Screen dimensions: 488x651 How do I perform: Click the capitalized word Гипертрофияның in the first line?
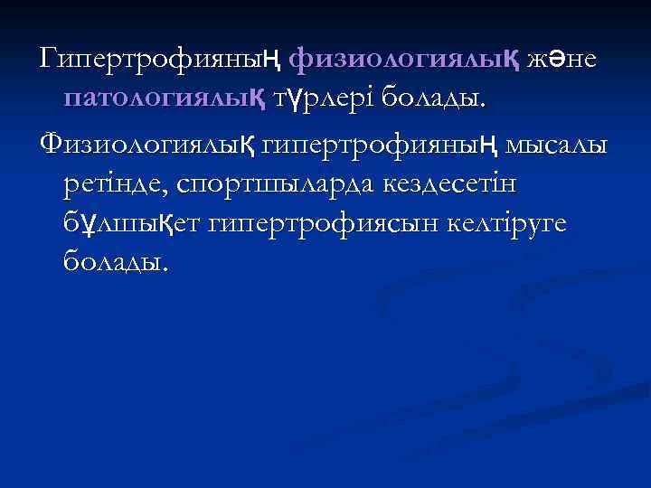(159, 61)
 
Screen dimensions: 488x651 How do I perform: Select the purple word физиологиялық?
(403, 61)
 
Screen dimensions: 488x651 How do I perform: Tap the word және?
(566, 61)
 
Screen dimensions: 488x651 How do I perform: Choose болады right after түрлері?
(432, 100)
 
